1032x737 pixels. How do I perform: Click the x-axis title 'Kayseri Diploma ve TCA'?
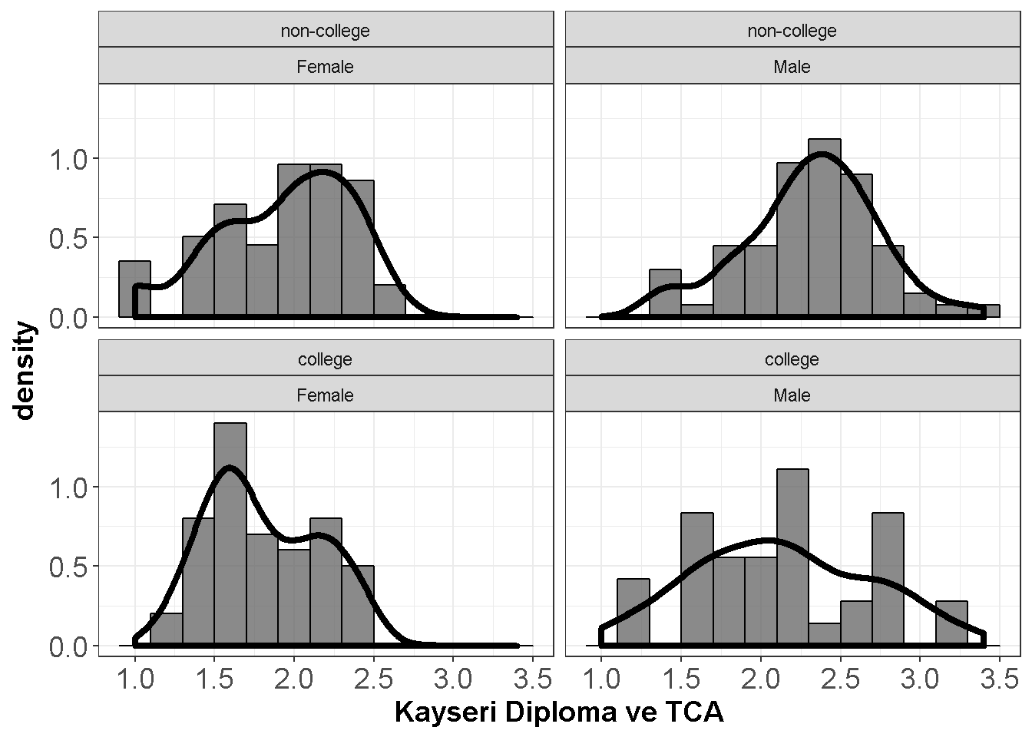(559, 712)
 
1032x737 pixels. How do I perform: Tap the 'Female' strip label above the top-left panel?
(326, 67)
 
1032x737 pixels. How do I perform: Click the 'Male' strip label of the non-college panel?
(792, 67)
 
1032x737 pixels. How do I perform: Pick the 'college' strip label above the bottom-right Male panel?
(792, 359)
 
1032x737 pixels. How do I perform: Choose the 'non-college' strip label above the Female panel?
(326, 31)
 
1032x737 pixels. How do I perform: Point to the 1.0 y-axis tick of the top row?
(68, 159)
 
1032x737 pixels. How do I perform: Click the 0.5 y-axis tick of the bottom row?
(68, 567)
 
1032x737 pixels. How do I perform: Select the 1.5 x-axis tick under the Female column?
(214, 679)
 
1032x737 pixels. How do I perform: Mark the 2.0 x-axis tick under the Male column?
(760, 679)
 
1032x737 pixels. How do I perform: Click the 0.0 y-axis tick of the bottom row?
(68, 646)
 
